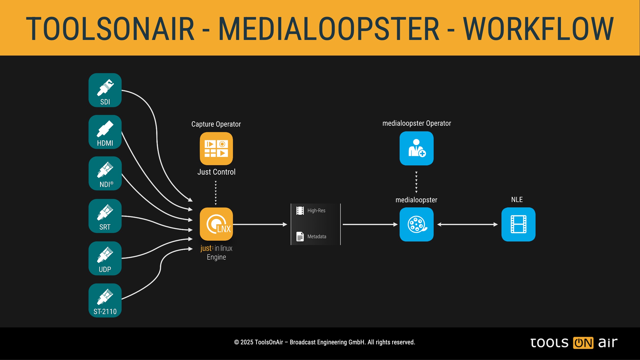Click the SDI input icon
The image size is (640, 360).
pyautogui.click(x=105, y=90)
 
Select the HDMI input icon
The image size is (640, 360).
pyautogui.click(x=105, y=132)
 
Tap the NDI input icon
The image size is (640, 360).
pyautogui.click(x=105, y=173)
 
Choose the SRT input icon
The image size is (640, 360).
pyautogui.click(x=105, y=216)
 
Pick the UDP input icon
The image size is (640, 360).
pyautogui.click(x=105, y=258)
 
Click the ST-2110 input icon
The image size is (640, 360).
pyautogui.click(x=105, y=300)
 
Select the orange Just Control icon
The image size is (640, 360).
pyautogui.click(x=216, y=149)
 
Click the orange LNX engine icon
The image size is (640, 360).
pyautogui.click(x=216, y=224)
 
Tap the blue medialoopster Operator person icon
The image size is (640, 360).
pyautogui.click(x=417, y=148)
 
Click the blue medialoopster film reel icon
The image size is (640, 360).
pyautogui.click(x=417, y=224)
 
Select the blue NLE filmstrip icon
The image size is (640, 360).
pyautogui.click(x=518, y=224)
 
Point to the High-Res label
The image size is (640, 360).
pyautogui.click(x=316, y=210)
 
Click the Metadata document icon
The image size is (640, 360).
pyautogui.click(x=300, y=236)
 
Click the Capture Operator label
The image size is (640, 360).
pyautogui.click(x=216, y=124)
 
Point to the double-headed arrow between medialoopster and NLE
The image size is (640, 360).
pyautogui.click(x=467, y=225)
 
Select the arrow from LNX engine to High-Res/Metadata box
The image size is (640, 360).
pyautogui.click(x=260, y=225)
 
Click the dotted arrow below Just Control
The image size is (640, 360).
pyautogui.click(x=216, y=193)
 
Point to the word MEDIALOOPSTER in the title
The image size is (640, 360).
pyautogui.click(x=329, y=29)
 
